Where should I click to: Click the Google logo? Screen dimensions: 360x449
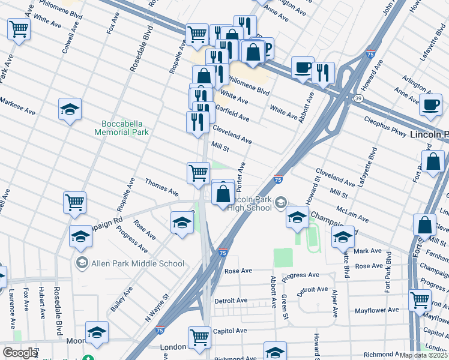pos(20,353)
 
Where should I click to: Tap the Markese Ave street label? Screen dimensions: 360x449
pos(17,107)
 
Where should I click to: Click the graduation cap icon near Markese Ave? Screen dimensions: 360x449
pos(70,109)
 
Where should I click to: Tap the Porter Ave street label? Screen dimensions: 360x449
pos(238,173)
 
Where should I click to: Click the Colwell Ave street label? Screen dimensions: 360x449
pos(71,38)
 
